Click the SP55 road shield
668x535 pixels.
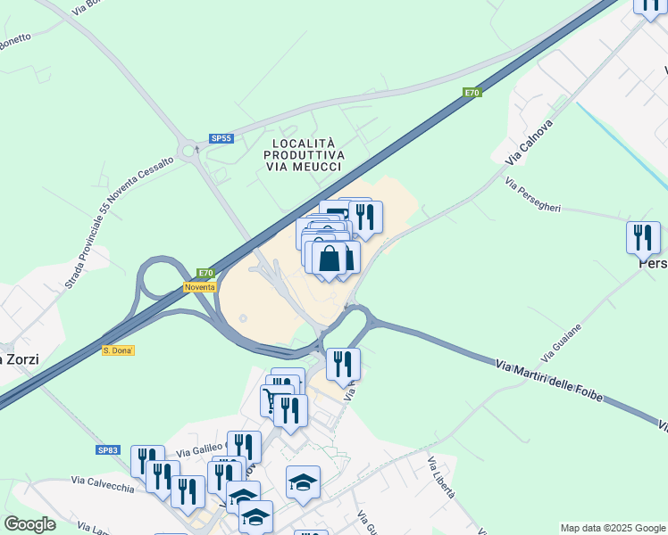(x=221, y=138)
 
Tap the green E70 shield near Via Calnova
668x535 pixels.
(x=472, y=92)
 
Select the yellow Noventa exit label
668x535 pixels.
(x=200, y=286)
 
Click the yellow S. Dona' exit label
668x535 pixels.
(x=118, y=350)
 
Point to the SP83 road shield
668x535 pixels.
(x=108, y=450)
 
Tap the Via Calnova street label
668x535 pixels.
(x=529, y=142)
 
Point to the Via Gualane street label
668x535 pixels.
(x=562, y=340)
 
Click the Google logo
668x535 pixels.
(x=29, y=524)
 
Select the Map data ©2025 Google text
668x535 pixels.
(x=613, y=528)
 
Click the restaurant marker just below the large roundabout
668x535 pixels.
(x=343, y=364)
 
